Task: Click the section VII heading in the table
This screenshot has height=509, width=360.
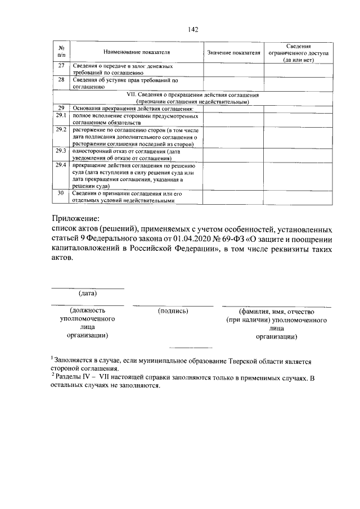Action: (x=192, y=99)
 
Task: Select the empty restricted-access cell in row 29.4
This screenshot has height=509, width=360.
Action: (x=298, y=175)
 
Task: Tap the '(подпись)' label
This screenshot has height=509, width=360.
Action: (x=173, y=310)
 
